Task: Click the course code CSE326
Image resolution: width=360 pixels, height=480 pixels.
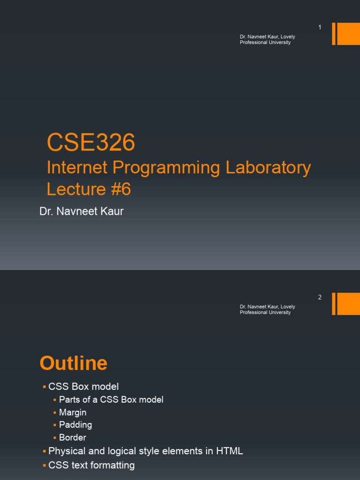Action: (x=91, y=142)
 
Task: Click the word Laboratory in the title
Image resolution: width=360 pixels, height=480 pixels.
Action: (x=268, y=168)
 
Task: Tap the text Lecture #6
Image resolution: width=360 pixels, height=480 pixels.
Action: (x=89, y=189)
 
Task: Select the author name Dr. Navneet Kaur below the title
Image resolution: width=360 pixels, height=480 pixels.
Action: (x=82, y=211)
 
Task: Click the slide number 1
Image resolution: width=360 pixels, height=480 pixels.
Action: (x=320, y=27)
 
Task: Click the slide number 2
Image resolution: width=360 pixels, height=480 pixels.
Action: (x=320, y=297)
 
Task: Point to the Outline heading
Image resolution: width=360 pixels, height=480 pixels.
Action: (x=74, y=363)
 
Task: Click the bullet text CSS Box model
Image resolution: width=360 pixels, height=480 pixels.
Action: (x=83, y=387)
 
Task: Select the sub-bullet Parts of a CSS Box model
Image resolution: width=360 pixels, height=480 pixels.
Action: (x=111, y=400)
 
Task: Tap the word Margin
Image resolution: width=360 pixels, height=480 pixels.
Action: (x=73, y=412)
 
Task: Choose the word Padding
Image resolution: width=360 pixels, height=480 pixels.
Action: (x=75, y=425)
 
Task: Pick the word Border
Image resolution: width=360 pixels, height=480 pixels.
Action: (x=73, y=437)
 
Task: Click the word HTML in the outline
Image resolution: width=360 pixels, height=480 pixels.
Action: (x=230, y=451)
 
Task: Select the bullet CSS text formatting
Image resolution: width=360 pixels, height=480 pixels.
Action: (x=91, y=465)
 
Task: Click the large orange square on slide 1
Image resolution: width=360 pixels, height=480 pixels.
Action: (x=348, y=34)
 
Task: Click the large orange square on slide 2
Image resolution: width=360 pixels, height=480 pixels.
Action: (x=348, y=304)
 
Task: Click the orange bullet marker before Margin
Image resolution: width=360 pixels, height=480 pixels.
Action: (x=55, y=412)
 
